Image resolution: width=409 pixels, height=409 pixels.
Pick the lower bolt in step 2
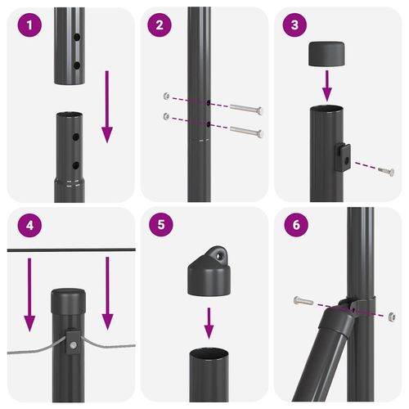coord(245,131)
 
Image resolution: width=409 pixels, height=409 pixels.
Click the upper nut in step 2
coord(166,95)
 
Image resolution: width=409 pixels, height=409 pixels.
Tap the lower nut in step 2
coord(166,116)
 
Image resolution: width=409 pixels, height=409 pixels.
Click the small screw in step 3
coord(385,172)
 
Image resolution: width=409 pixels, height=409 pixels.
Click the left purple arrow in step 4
coord(30,294)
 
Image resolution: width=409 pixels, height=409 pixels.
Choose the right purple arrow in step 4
coord(106,294)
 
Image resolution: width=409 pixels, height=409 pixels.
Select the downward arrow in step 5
coord(209,322)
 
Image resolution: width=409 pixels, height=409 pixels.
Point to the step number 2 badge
coord(160,25)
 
